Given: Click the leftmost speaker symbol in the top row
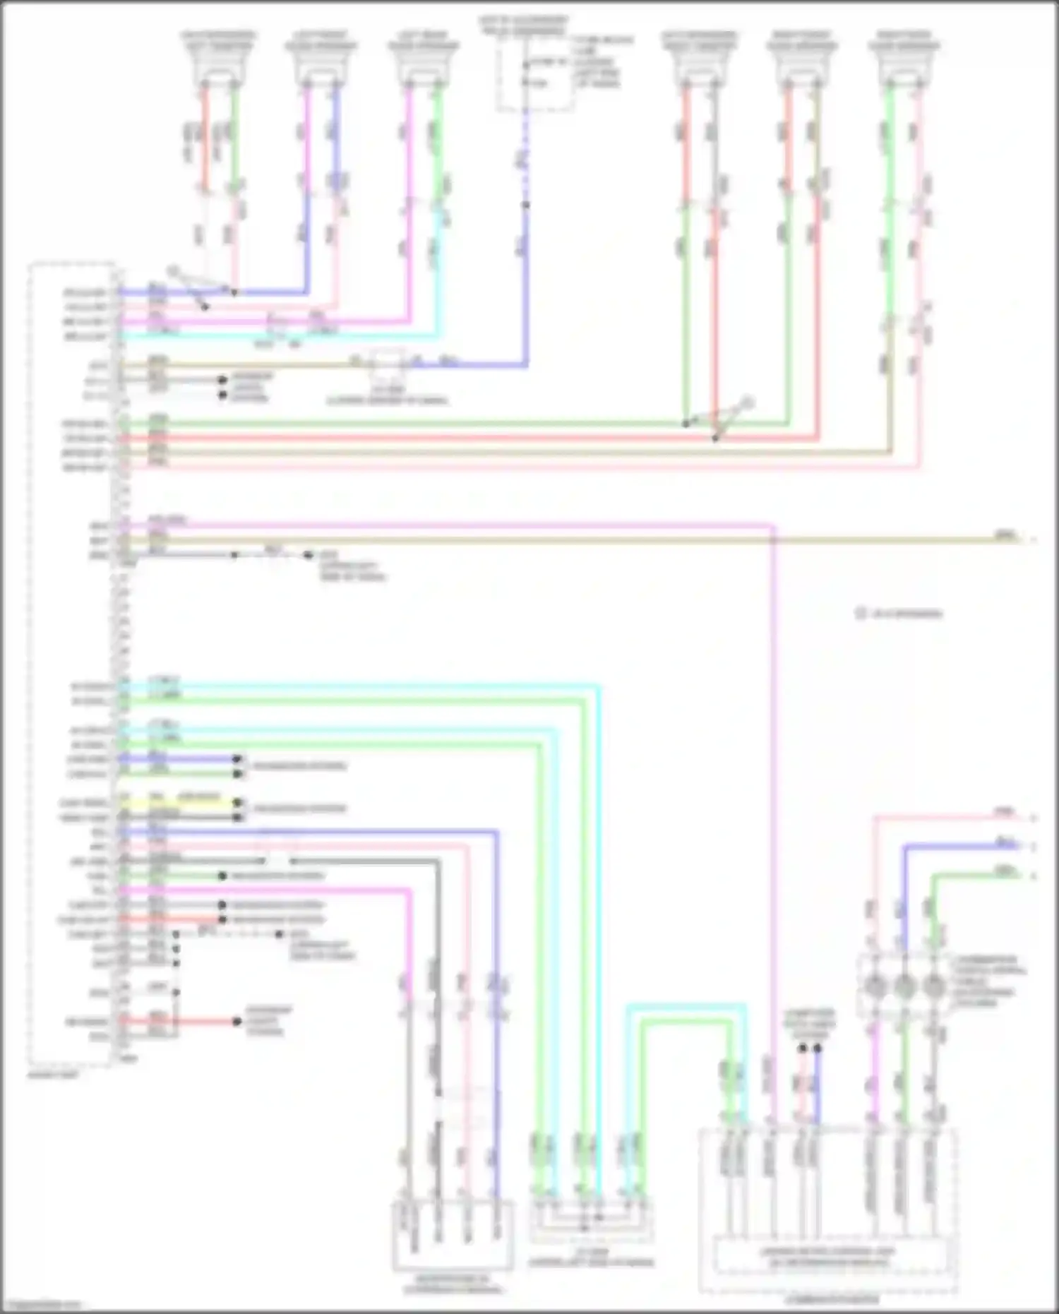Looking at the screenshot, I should click(219, 67).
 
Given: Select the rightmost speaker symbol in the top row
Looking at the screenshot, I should click(904, 67).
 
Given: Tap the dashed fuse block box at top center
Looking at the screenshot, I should click(534, 74).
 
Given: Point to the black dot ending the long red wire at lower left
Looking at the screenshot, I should click(237, 1022).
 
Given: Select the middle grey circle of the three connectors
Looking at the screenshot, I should click(904, 986).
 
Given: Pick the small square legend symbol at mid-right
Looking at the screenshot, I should click(861, 614).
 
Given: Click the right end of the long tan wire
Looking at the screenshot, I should click(1020, 540).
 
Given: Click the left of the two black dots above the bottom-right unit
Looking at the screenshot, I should click(802, 1049).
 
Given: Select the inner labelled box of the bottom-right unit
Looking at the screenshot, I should click(827, 1255).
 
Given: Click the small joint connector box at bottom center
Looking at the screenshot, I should click(592, 1220).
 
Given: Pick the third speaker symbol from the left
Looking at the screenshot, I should click(424, 67).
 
